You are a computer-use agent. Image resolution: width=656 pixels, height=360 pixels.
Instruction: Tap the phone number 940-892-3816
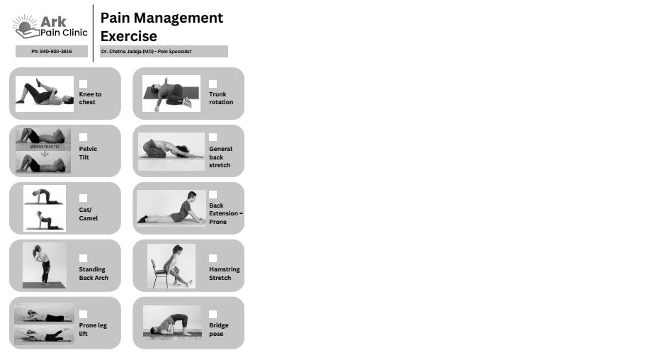pos(56,52)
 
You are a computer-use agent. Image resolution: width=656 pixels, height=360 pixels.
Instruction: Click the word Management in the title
pos(179,18)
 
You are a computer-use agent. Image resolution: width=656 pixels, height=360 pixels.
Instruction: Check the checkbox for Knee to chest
pos(84,84)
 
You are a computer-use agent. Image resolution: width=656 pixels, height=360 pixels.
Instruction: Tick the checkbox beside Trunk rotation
pos(213,84)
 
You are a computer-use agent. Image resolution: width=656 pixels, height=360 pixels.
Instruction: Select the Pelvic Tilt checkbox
pos(84,137)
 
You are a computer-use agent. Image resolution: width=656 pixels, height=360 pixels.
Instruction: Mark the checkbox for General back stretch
pos(213,137)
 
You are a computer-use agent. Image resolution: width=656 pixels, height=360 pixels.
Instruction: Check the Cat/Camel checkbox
pos(84,198)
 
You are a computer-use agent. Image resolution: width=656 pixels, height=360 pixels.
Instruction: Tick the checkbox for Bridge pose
pos(213,314)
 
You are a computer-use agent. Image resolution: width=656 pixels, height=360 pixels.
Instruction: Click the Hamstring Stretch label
pos(225,274)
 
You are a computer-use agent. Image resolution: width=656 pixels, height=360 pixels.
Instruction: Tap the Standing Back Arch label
pos(94,274)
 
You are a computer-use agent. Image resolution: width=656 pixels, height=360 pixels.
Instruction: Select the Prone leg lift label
pos(93,330)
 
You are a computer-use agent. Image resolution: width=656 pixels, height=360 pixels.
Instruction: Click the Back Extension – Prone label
pos(226,213)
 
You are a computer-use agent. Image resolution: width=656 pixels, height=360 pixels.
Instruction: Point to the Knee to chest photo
pos(45,94)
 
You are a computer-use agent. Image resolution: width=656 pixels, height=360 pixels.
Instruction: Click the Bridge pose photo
pos(172,322)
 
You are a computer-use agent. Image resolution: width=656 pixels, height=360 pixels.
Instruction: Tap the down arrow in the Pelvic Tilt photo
pos(45,154)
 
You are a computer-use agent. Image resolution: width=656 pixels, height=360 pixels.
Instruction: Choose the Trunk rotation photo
pos(171,94)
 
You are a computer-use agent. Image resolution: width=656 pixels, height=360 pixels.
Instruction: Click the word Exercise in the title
pos(129,36)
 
